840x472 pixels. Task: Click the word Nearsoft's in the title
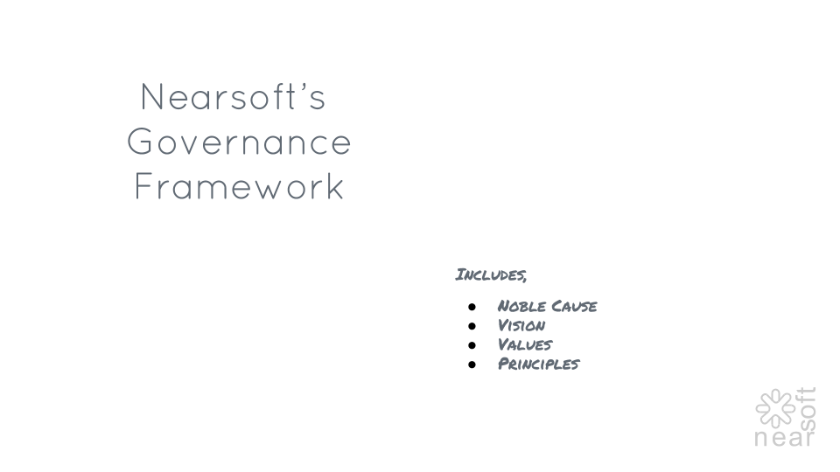tap(233, 97)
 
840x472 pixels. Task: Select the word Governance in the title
tap(239, 142)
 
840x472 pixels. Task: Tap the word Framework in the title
tap(239, 186)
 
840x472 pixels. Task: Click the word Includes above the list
tap(489, 274)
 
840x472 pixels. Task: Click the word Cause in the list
tap(574, 306)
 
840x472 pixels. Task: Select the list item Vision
tap(521, 325)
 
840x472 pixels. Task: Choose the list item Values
tap(525, 344)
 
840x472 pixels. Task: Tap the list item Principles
tap(538, 364)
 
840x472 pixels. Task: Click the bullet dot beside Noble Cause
tap(472, 307)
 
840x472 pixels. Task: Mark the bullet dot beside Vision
tap(472, 326)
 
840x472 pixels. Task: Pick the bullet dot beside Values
tap(472, 345)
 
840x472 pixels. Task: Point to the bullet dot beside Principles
tap(472, 364)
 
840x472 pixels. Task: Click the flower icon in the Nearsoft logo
tap(775, 408)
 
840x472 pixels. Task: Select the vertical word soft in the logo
tap(807, 409)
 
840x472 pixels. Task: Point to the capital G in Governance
tap(140, 142)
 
